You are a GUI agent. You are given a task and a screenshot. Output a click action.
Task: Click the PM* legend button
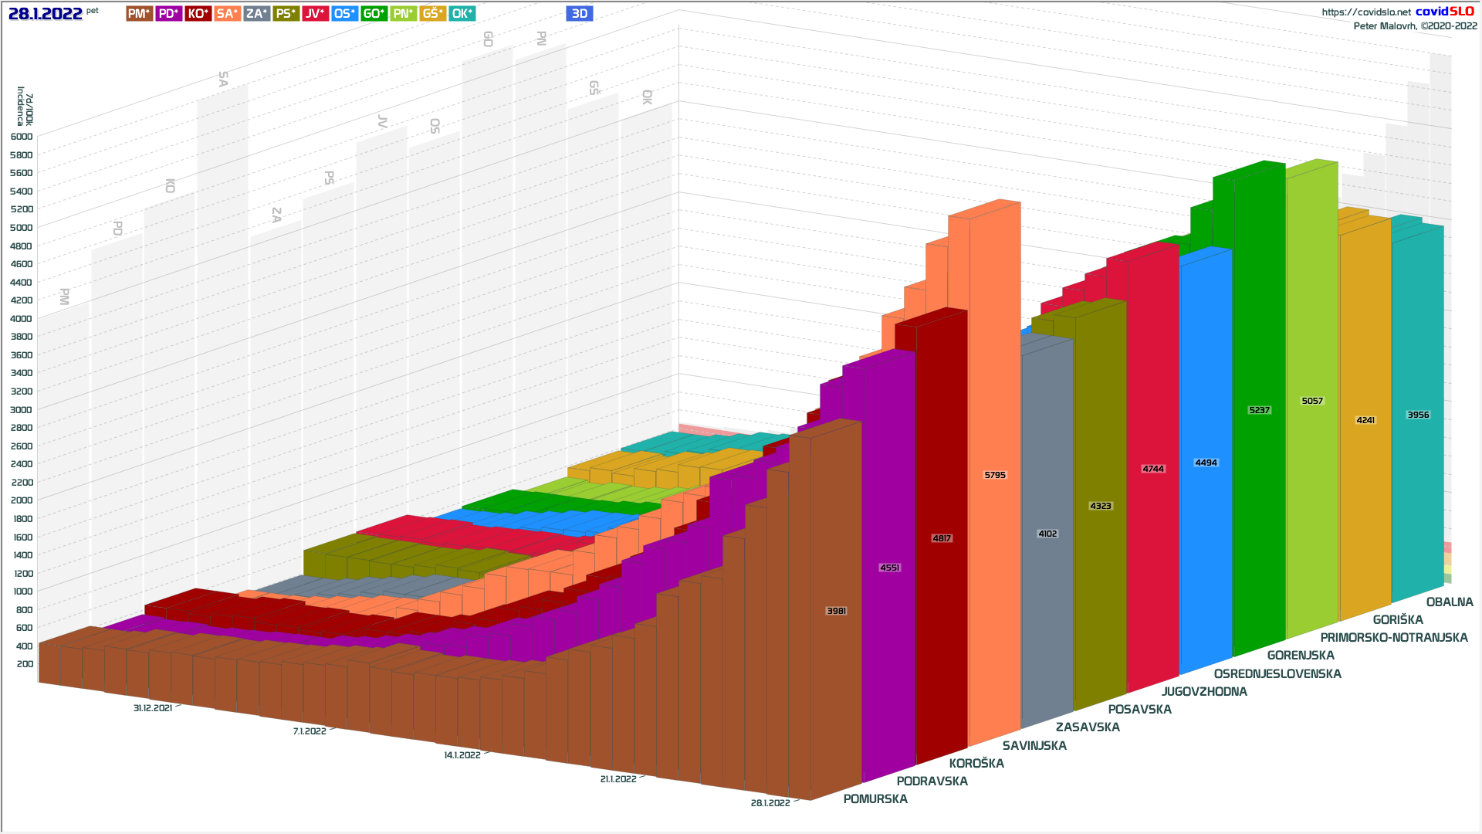pos(139,13)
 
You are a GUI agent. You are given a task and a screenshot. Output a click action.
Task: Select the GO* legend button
pos(374,13)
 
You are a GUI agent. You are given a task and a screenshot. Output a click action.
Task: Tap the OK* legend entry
pos(462,13)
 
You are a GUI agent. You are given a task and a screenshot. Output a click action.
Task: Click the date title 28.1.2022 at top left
pos(46,13)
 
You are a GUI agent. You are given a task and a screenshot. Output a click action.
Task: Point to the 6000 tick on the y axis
pos(22,137)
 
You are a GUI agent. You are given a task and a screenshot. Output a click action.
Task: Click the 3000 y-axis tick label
pos(22,410)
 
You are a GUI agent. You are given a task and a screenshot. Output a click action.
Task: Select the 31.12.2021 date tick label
pos(153,708)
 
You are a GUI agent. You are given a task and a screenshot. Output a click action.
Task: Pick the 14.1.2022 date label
pos(462,755)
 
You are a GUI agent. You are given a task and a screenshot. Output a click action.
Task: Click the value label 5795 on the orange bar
pos(995,475)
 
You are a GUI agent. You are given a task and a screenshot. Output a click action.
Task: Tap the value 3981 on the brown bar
pos(837,611)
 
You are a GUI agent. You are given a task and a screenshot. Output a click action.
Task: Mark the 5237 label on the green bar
pos(1259,410)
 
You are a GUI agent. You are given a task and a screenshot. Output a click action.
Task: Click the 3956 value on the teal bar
pos(1418,415)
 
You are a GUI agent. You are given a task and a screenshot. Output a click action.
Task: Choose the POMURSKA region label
pos(875,799)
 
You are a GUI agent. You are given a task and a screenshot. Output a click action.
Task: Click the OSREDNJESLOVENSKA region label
pos(1277,674)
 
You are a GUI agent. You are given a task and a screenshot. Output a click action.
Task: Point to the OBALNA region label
pos(1450,602)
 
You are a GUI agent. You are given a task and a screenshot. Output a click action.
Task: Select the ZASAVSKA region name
pos(1088,727)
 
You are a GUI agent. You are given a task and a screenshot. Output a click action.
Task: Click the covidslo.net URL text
pos(1366,12)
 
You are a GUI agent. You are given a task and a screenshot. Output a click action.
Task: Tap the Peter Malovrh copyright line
pos(1415,26)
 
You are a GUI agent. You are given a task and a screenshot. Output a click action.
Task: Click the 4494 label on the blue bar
pos(1206,463)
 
